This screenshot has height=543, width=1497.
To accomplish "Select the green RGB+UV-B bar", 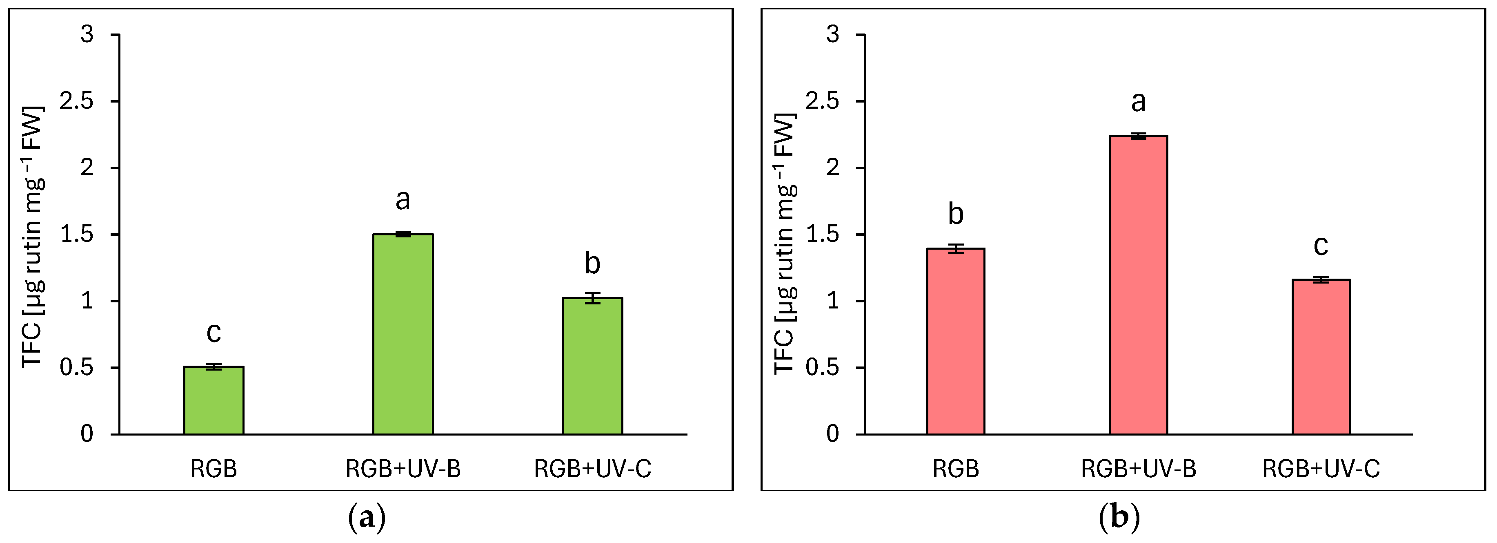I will tap(403, 334).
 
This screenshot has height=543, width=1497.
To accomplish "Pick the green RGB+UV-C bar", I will tap(592, 366).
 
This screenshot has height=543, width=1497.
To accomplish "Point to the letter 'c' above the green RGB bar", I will tap(214, 333).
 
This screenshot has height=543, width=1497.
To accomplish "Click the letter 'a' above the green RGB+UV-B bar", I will tap(403, 200).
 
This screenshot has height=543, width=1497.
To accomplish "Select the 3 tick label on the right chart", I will tap(833, 34).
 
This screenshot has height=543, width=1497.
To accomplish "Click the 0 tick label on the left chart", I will tap(87, 434).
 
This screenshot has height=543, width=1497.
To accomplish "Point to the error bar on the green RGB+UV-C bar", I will tap(592, 298).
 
